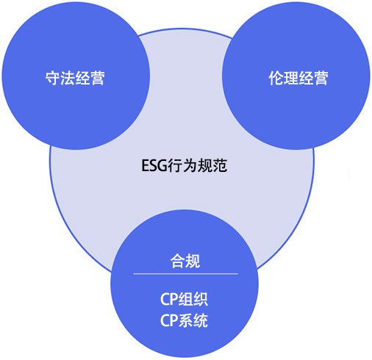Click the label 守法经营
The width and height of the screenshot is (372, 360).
point(75,78)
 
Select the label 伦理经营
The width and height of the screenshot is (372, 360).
point(298,78)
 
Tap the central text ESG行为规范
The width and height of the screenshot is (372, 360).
point(185,165)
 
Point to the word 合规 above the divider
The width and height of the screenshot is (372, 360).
point(185,261)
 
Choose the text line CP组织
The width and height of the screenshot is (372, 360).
point(184,299)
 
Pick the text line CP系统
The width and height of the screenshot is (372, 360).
point(184,320)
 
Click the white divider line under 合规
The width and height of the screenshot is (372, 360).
point(185,274)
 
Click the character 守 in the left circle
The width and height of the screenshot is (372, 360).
point(53,78)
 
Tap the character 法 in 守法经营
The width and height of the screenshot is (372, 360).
point(68,78)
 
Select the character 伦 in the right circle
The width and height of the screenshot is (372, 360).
point(276,78)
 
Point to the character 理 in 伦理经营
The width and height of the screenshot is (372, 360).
point(291,78)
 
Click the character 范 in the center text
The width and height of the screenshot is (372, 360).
point(220,165)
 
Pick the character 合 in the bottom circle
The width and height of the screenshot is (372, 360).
point(178,261)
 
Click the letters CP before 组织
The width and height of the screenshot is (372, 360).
point(169,299)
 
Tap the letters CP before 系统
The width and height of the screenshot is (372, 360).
point(169,320)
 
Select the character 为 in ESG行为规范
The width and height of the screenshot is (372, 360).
point(190,165)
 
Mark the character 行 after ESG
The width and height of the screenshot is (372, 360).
point(175,165)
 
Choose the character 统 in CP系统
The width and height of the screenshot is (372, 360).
point(201,320)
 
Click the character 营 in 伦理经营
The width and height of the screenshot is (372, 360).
point(321,78)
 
